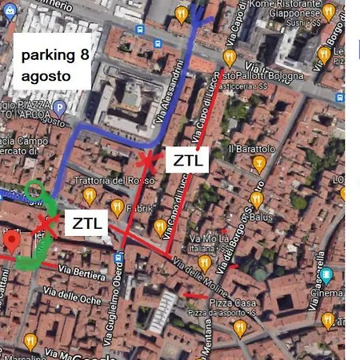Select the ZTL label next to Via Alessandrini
pyautogui.click(x=189, y=160)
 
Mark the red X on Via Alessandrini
pyautogui.click(x=146, y=161)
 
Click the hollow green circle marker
pyautogui.click(x=34, y=190)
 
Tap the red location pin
pyautogui.click(x=10, y=241)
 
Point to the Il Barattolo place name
pyautogui.click(x=252, y=149)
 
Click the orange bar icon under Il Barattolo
pyautogui.click(x=258, y=164)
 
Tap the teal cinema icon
pyautogui.click(x=326, y=276)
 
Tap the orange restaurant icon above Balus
pyautogui.click(x=256, y=198)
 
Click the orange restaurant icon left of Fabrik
pyautogui.click(x=118, y=209)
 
